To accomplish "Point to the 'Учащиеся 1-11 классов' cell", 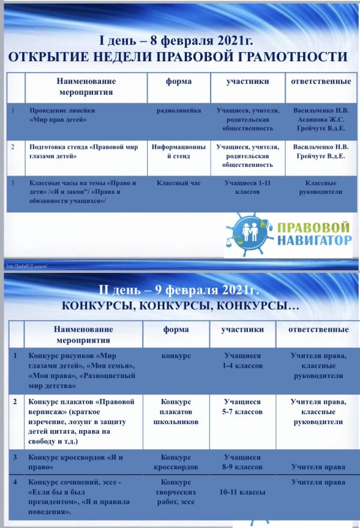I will point(247,187).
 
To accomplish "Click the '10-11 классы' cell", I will point(242,491).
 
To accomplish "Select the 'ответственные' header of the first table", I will point(321,82).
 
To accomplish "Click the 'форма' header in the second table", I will point(176,329).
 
